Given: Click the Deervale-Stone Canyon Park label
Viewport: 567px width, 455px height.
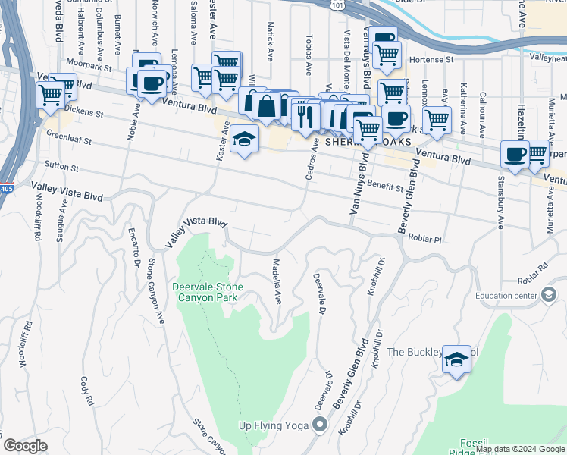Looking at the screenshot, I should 205,292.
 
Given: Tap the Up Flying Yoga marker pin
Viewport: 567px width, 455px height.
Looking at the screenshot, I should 320,425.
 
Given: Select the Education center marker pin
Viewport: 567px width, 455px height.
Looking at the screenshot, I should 550,297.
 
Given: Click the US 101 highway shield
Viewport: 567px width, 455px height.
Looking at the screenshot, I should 336,5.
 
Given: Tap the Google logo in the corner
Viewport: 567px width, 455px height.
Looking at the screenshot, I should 25,446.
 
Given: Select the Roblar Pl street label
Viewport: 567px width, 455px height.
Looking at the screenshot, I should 425,237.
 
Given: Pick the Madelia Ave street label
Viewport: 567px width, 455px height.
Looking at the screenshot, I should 277,281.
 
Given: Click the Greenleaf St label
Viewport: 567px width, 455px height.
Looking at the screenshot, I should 68,140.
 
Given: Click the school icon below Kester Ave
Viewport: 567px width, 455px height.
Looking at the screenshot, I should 245,140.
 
